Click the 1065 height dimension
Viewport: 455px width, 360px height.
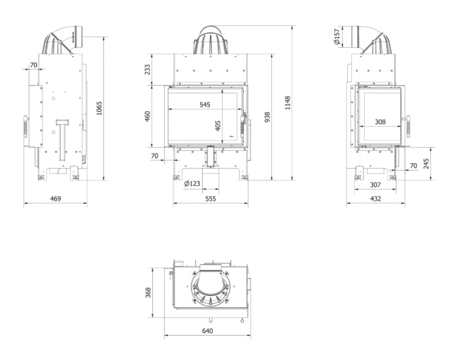(x=99, y=108)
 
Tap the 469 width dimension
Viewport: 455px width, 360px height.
(x=56, y=199)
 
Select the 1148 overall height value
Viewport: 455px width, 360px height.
(x=288, y=103)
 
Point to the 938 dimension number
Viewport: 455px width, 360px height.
(x=267, y=117)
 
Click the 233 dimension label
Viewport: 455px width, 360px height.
(x=147, y=70)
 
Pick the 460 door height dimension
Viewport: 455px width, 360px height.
(x=147, y=116)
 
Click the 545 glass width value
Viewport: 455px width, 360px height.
(x=205, y=105)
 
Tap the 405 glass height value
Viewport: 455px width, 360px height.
(x=218, y=125)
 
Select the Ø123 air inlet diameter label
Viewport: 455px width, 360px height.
(x=192, y=184)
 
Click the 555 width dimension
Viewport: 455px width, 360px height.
(x=211, y=199)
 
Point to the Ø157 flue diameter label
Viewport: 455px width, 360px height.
(x=337, y=36)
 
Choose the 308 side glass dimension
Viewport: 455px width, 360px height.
(x=380, y=122)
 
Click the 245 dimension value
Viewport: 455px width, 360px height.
(x=426, y=164)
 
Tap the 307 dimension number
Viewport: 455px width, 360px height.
(x=375, y=185)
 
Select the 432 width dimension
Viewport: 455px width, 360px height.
(x=375, y=199)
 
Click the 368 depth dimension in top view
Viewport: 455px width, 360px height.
(x=148, y=293)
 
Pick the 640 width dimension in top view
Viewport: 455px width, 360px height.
(x=207, y=331)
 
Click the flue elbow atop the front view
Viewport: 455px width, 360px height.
(x=211, y=40)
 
